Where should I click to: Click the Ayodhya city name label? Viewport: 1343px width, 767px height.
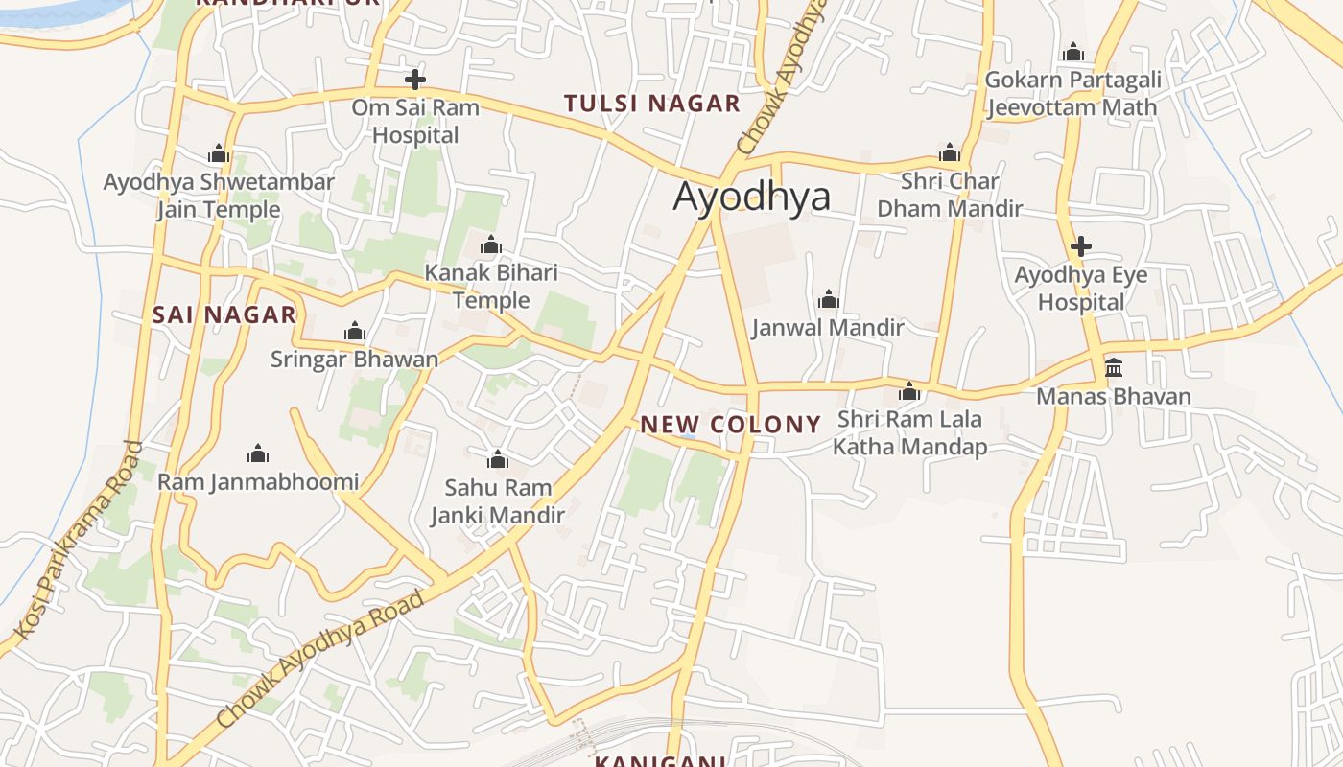pyautogui.click(x=751, y=197)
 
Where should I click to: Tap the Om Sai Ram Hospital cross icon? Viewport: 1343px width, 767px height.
pyautogui.click(x=415, y=80)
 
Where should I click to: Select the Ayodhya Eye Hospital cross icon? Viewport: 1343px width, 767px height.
pyautogui.click(x=1081, y=246)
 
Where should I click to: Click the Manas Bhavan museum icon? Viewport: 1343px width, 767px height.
pyautogui.click(x=1114, y=368)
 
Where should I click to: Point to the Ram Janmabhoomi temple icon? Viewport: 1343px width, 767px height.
pyautogui.click(x=257, y=453)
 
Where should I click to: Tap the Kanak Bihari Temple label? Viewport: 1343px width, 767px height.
pyautogui.click(x=491, y=286)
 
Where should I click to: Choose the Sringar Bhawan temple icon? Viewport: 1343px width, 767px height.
pyautogui.click(x=355, y=332)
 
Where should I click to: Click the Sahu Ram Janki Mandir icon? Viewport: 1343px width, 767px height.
pyautogui.click(x=497, y=459)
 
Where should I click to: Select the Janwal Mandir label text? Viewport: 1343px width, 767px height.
pyautogui.click(x=828, y=328)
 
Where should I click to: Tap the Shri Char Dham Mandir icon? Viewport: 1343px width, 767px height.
pyautogui.click(x=950, y=152)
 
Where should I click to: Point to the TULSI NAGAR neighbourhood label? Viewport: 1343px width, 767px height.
pyautogui.click(x=652, y=104)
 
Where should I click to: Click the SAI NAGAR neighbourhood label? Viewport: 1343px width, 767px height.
pyautogui.click(x=224, y=314)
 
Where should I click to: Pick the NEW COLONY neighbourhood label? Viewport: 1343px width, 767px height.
pyautogui.click(x=731, y=425)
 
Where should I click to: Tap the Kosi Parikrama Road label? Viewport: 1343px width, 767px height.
pyautogui.click(x=80, y=541)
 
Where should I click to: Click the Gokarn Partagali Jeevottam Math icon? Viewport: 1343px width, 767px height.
pyautogui.click(x=1073, y=52)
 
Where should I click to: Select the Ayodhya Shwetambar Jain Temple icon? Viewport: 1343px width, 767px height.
pyautogui.click(x=219, y=153)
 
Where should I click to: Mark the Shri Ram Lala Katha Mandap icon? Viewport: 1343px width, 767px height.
pyautogui.click(x=909, y=391)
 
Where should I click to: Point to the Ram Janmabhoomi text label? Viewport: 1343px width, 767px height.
pyautogui.click(x=258, y=482)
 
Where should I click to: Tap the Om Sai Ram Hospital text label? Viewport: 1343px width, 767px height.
pyautogui.click(x=415, y=121)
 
